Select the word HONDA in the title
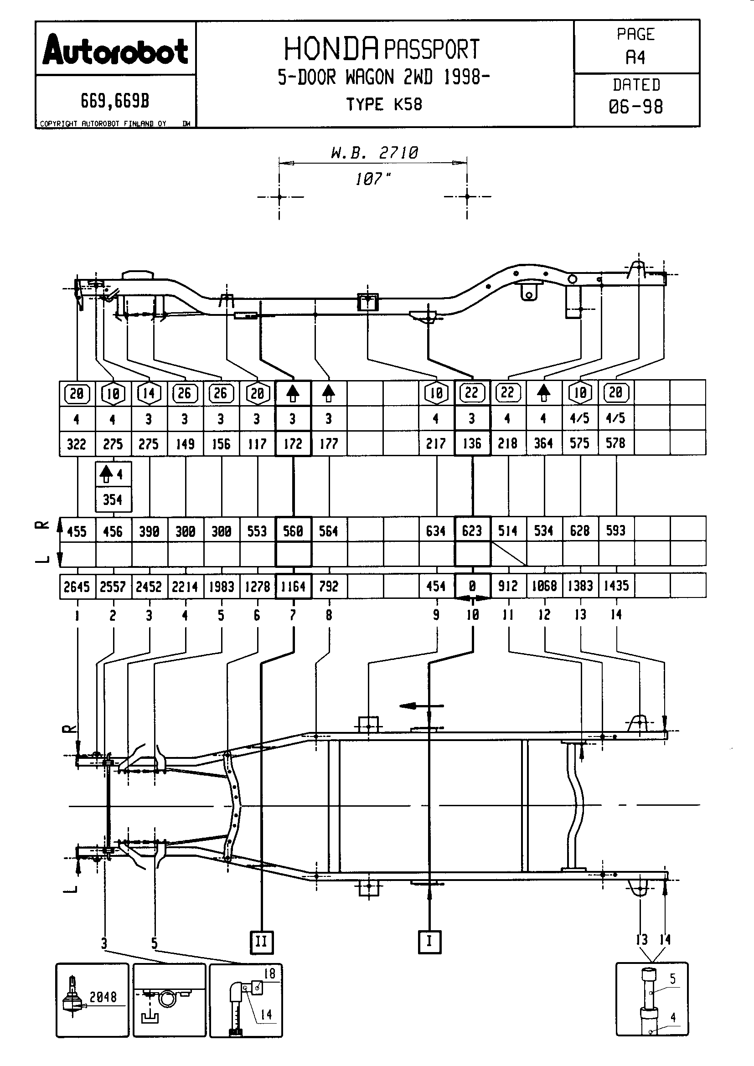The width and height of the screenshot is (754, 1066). (331, 49)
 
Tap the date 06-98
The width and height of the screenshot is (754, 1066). (635, 107)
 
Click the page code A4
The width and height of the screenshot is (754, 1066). (635, 57)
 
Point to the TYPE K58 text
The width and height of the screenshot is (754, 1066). (384, 104)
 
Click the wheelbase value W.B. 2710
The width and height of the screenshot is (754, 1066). (374, 153)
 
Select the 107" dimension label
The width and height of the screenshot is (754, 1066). (373, 179)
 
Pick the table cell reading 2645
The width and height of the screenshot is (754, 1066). (77, 587)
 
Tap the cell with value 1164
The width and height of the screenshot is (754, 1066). (294, 587)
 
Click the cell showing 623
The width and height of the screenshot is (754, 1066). (472, 530)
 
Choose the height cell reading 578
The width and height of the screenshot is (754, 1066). (615, 443)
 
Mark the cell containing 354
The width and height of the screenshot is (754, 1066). (113, 500)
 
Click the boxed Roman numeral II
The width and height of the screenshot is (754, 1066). (261, 942)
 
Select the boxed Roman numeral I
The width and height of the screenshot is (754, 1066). (429, 941)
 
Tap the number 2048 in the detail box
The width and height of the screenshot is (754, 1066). (103, 997)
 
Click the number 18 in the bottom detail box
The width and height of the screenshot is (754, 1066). (269, 973)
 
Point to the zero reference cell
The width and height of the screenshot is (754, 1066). (472, 587)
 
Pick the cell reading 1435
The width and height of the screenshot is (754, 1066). (615, 586)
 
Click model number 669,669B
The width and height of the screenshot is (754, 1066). (115, 101)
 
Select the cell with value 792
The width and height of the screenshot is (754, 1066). (329, 587)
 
